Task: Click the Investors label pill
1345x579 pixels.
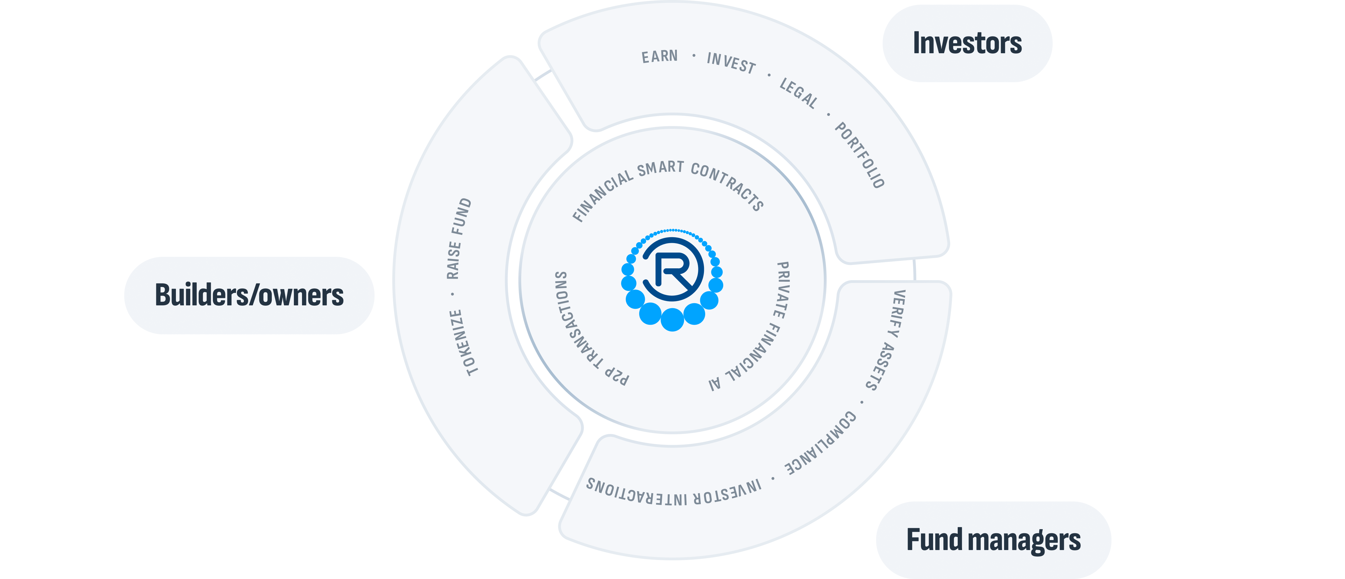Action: point(967,43)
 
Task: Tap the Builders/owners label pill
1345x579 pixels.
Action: point(249,295)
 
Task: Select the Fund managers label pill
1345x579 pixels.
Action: point(993,540)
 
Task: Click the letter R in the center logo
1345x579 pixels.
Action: point(673,271)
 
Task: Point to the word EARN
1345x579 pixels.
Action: point(659,56)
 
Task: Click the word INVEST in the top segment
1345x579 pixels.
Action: point(731,63)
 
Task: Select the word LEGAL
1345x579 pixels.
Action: point(798,93)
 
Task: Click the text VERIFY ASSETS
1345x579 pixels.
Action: point(886,340)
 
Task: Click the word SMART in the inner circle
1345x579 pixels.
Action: point(660,168)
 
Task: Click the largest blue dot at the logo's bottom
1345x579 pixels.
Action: point(672,319)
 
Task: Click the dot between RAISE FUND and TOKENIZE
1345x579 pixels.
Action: point(453,294)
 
